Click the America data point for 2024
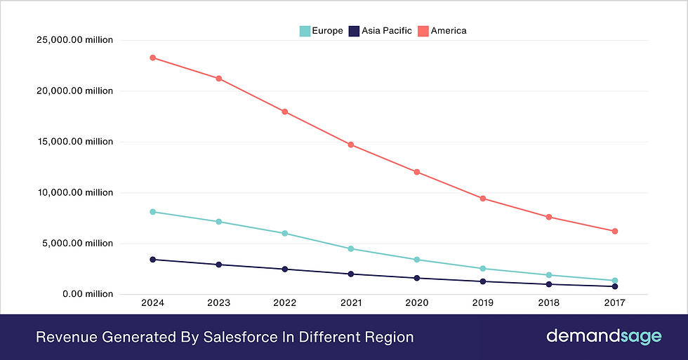152,58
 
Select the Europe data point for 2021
351,248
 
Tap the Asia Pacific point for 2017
615,286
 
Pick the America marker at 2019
483,199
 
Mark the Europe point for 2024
152,211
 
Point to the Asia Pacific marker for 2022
284,269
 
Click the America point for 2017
615,231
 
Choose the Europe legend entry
322,30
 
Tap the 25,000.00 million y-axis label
74,40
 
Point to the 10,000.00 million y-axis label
74,192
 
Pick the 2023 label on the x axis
218,304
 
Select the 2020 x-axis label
417,304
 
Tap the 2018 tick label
549,304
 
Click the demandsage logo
603,337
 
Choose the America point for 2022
284,112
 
